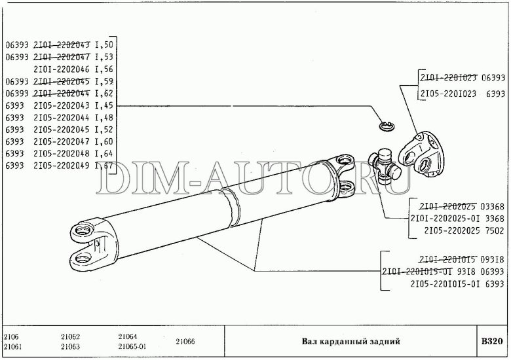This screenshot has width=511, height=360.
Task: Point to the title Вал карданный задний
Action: coord(350,341)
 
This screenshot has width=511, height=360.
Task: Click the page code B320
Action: coord(491,341)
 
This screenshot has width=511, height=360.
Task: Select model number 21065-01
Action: coord(132,346)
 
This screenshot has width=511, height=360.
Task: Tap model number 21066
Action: coord(185,341)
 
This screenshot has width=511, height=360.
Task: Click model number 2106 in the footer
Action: coord(12,336)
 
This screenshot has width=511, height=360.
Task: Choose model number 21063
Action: coord(71,346)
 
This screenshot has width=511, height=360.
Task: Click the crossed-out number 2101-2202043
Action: coord(61,45)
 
